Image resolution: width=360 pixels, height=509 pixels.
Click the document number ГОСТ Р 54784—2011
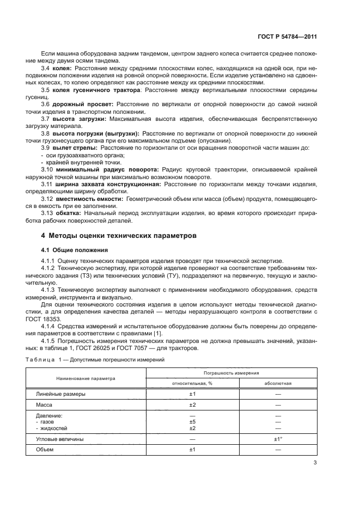pos(288,37)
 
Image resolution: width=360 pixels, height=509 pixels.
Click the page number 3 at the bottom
pos(315,463)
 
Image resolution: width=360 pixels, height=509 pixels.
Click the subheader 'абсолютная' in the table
pos(278,383)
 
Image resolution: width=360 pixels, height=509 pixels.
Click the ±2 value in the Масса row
pos(192,406)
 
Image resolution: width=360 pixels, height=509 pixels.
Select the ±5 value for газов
pos(192,421)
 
